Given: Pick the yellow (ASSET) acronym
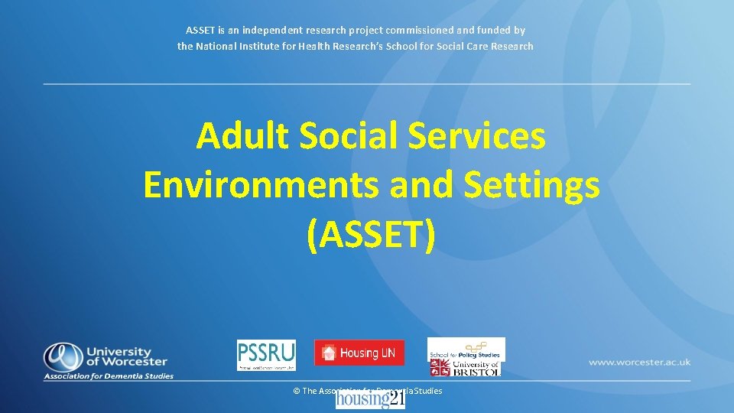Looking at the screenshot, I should click(371, 234).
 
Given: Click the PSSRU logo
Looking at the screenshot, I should click(265, 355).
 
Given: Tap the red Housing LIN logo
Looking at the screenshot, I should click(359, 353).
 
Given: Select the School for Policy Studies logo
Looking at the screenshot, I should click(466, 348).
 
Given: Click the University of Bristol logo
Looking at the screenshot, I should click(466, 368).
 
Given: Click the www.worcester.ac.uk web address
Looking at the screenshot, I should click(639, 362).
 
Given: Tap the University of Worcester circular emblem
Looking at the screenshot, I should click(61, 356).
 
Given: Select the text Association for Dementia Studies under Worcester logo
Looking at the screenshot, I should click(109, 376).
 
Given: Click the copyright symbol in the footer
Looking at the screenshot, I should click(297, 391).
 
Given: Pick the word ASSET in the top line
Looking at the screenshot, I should click(201, 31).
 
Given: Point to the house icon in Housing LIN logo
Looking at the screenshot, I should click(329, 353).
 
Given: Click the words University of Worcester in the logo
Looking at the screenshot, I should click(126, 356).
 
